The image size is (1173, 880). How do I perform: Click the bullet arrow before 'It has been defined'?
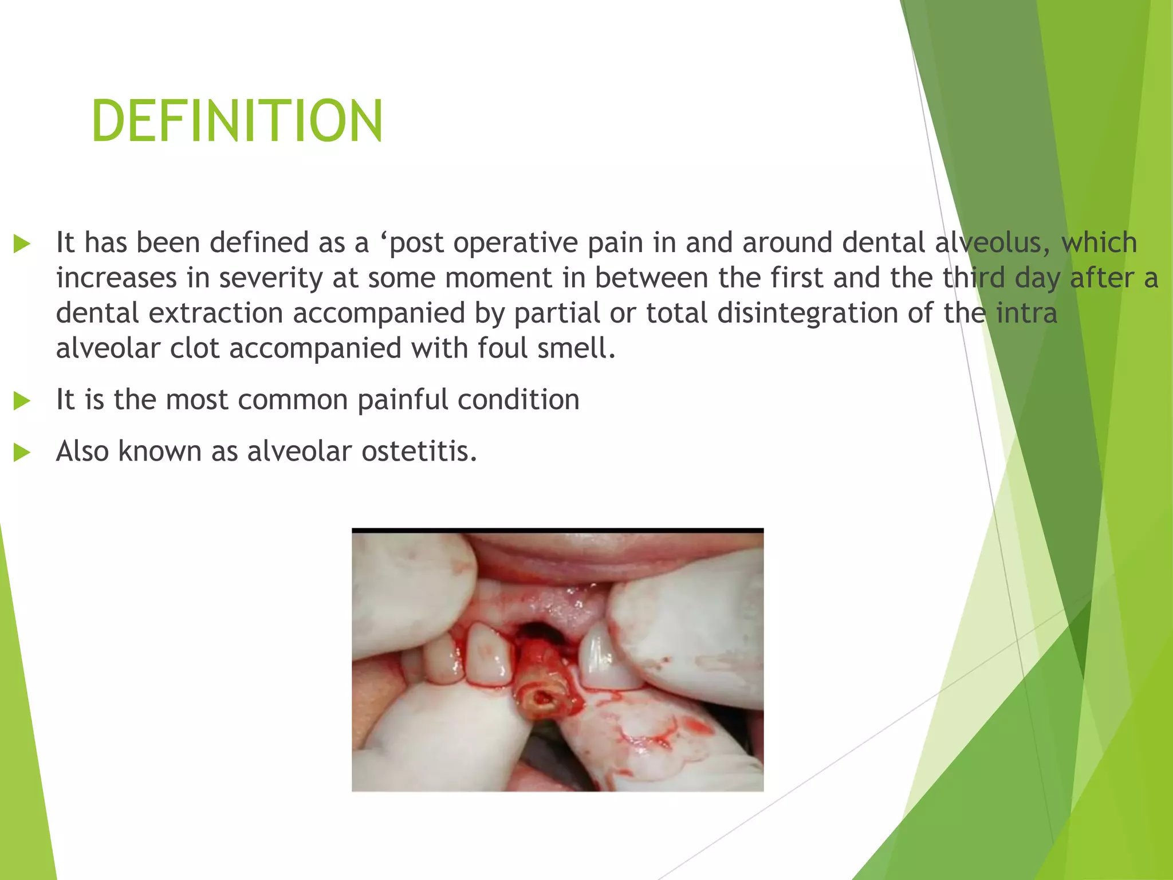22,243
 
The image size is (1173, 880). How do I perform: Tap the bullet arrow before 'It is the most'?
22,400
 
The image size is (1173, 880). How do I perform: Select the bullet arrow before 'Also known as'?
22,452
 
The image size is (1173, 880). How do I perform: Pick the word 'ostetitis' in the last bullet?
418,451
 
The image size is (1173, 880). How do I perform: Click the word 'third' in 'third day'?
974,278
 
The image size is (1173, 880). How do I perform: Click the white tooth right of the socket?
604,659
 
